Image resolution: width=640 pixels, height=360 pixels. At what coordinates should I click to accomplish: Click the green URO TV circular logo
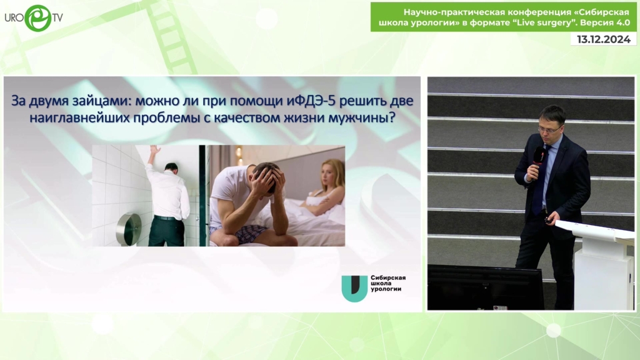(38, 18)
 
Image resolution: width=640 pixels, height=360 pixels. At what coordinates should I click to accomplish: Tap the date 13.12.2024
(604, 39)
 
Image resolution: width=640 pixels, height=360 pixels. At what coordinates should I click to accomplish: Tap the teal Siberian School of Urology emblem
(354, 288)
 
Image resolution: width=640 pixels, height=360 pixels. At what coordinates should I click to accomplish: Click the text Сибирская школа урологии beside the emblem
(387, 283)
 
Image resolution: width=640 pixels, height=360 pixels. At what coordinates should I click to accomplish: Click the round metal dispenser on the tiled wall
(129, 229)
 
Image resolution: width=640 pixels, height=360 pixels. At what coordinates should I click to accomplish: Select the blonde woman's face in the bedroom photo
(329, 174)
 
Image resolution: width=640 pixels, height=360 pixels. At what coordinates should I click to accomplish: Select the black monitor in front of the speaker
(485, 287)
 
